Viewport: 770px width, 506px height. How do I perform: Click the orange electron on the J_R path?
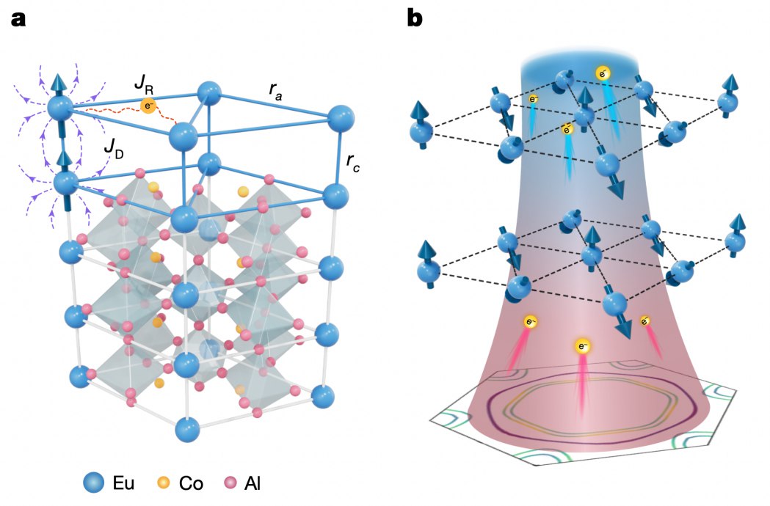pos(148,105)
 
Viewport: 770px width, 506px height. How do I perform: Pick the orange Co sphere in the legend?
pos(165,483)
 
